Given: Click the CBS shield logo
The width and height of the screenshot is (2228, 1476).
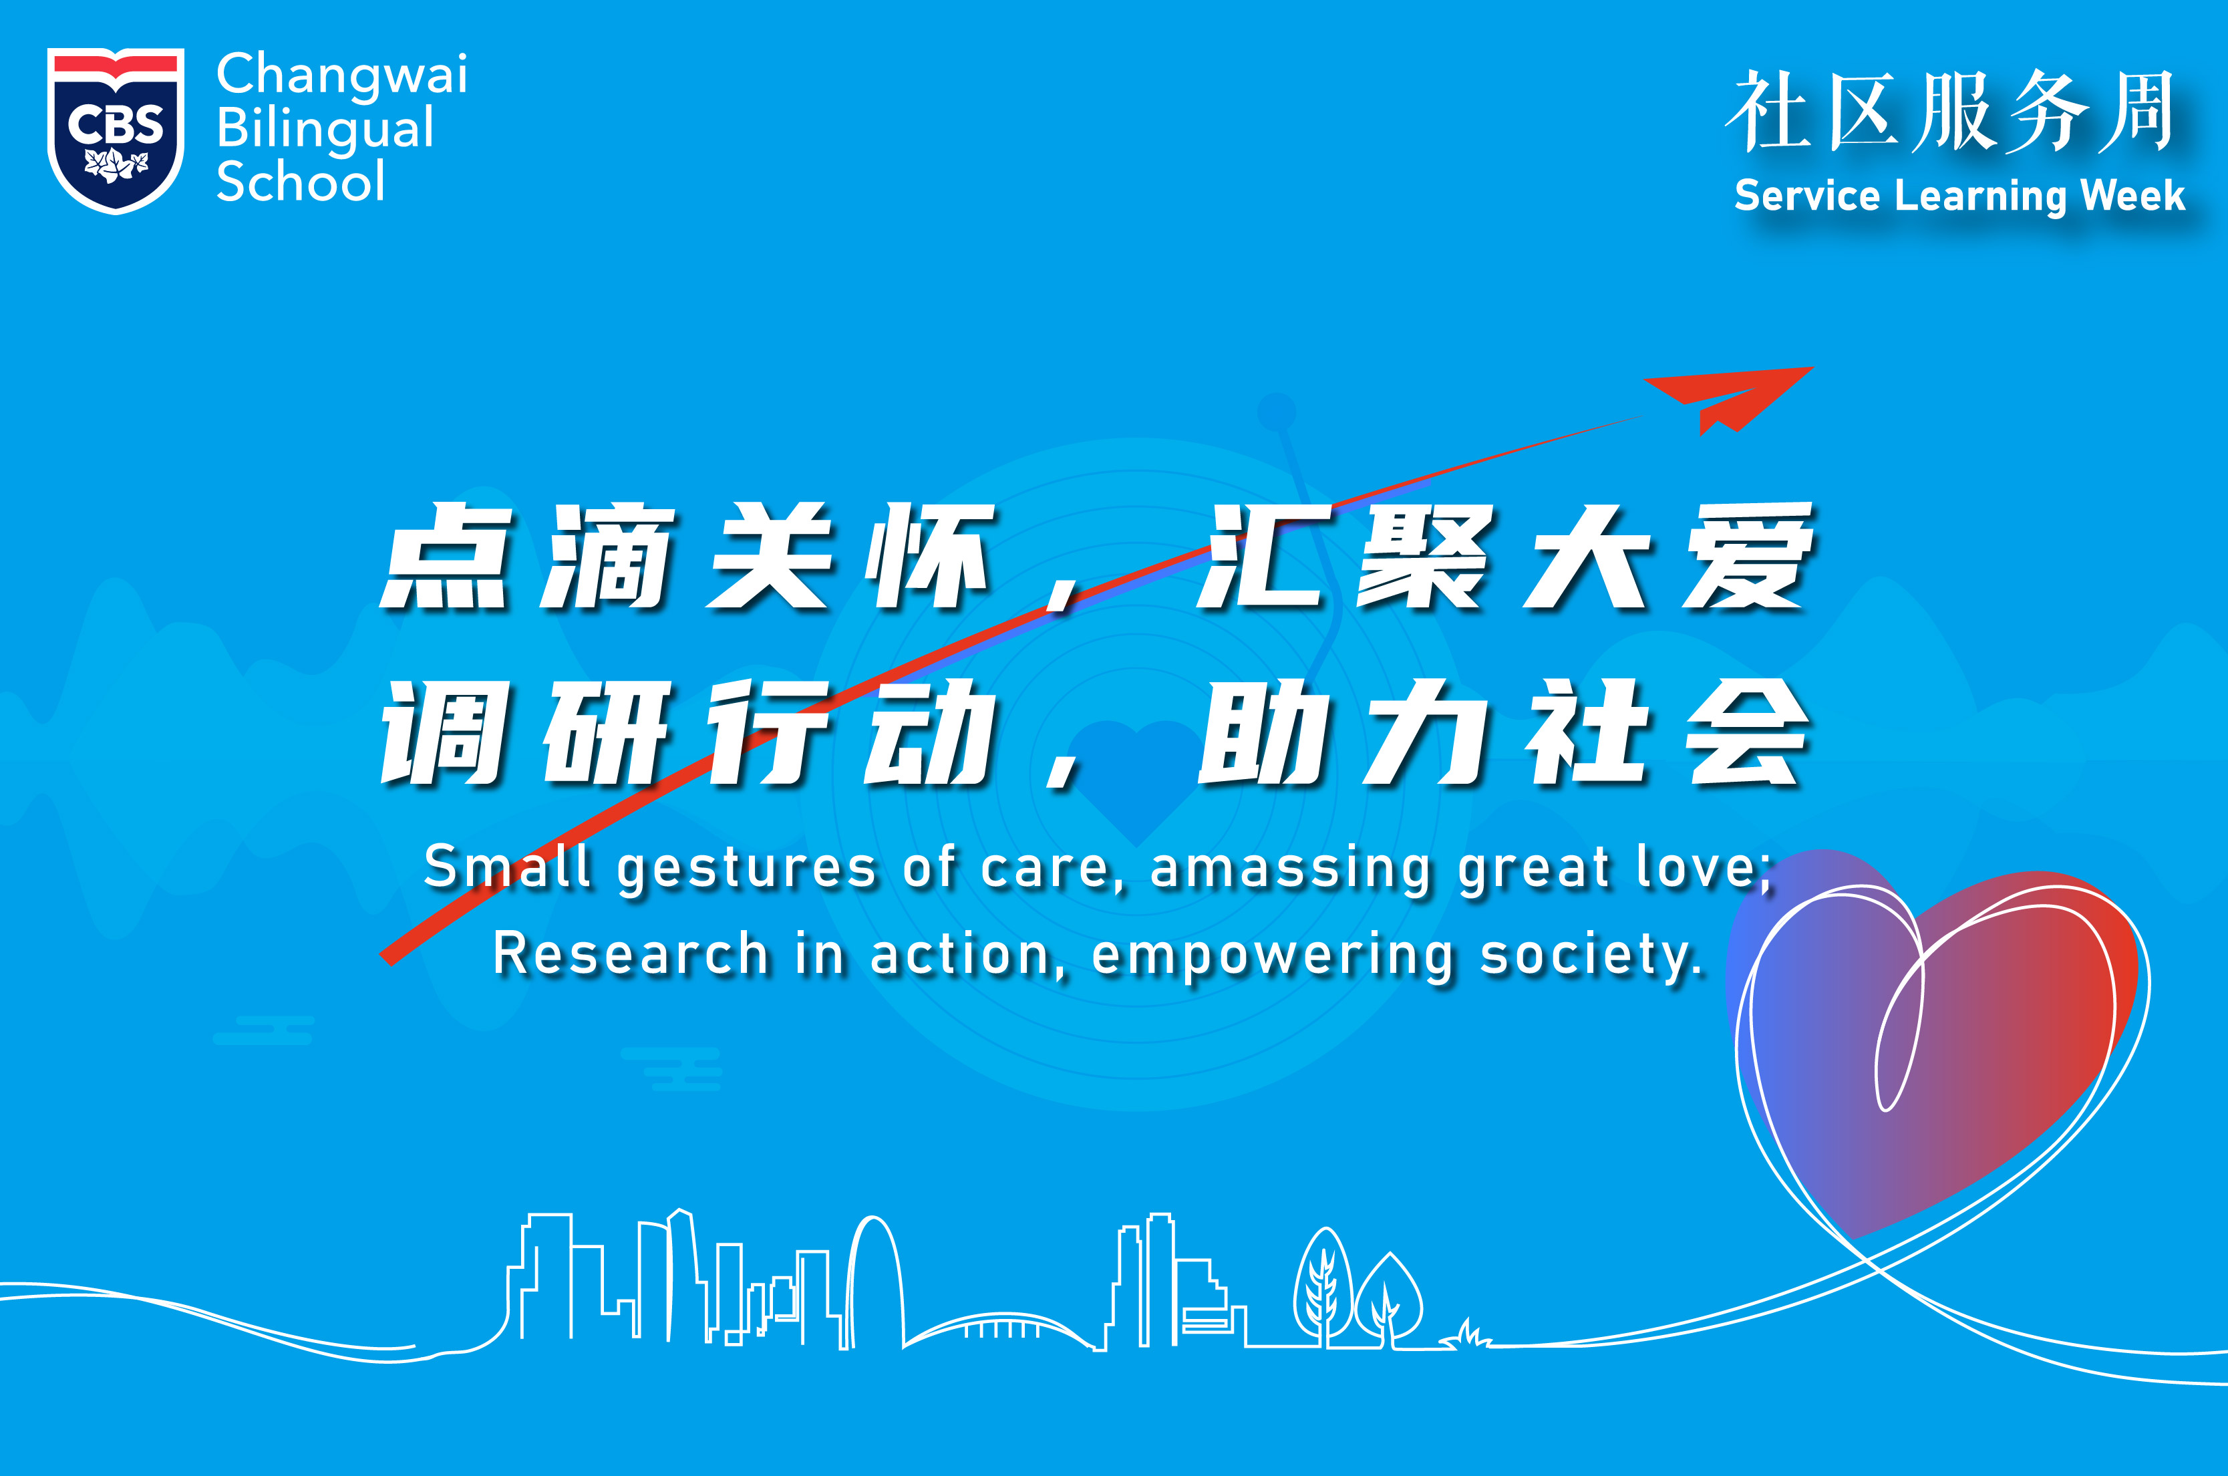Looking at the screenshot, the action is tap(116, 130).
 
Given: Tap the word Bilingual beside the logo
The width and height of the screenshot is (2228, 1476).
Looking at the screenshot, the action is tap(325, 130).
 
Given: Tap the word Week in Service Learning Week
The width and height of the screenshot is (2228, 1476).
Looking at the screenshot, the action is tap(2133, 196).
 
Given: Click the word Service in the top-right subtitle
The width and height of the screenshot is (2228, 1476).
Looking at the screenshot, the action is tap(1806, 196).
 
